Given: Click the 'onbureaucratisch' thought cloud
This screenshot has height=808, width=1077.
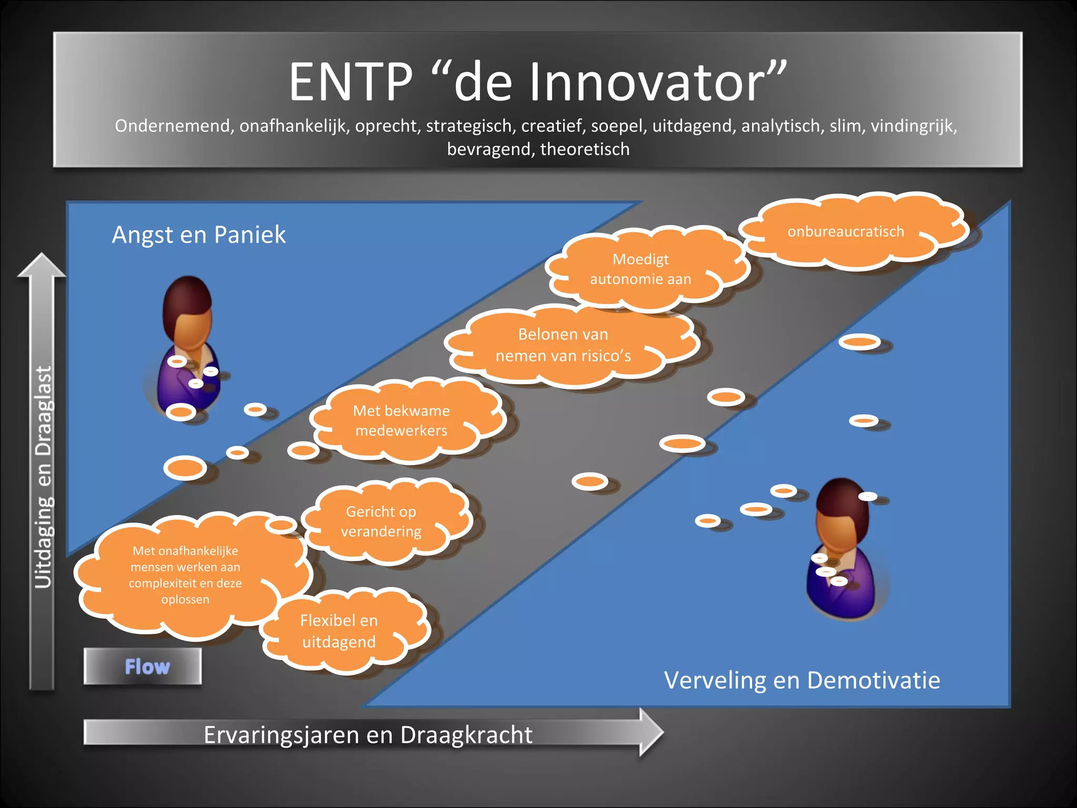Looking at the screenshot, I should tap(846, 231).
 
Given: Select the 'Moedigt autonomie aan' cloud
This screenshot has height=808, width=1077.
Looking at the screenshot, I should tap(641, 269).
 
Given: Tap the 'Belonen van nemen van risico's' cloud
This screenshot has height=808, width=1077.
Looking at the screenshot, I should tap(563, 345).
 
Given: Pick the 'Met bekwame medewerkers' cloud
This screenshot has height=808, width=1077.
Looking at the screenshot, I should tap(401, 421).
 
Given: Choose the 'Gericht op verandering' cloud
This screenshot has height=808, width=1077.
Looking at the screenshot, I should tap(381, 521).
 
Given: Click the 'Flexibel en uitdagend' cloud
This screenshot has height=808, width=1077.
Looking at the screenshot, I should tap(339, 631).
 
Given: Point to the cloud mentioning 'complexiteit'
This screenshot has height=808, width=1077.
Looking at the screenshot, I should tap(186, 575).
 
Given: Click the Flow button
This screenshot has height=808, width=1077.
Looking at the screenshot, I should tap(143, 666).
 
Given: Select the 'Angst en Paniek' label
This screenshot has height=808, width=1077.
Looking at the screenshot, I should tap(199, 235).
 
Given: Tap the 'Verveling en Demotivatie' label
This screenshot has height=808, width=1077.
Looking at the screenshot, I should tap(801, 680).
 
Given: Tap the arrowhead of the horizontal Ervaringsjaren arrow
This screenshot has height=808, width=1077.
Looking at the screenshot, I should tap(651, 732).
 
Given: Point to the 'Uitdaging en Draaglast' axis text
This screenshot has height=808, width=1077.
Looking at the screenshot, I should tap(44, 476).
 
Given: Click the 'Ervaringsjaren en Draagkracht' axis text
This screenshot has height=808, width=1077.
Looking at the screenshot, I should tap(368, 735).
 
